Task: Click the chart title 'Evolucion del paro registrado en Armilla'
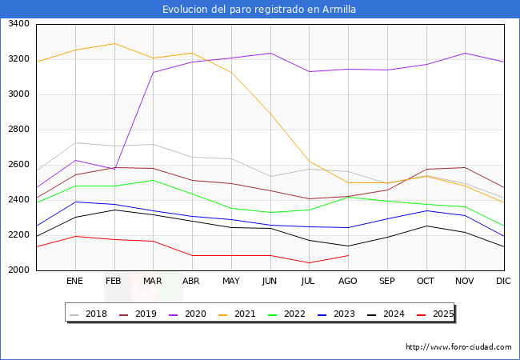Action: click(259, 10)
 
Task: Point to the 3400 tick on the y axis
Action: click(18, 24)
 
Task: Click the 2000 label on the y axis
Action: click(18, 270)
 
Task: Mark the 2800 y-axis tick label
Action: click(18, 130)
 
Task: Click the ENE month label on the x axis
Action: click(75, 281)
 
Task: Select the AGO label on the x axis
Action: click(348, 281)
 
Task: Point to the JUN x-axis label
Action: click(270, 281)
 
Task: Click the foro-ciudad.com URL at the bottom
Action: click(458, 347)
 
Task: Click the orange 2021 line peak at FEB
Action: click(114, 43)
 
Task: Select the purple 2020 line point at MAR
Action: click(153, 73)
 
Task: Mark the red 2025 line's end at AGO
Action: click(348, 255)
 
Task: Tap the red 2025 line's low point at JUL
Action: click(309, 263)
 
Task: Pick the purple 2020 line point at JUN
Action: click(270, 54)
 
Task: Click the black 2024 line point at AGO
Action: click(348, 246)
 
